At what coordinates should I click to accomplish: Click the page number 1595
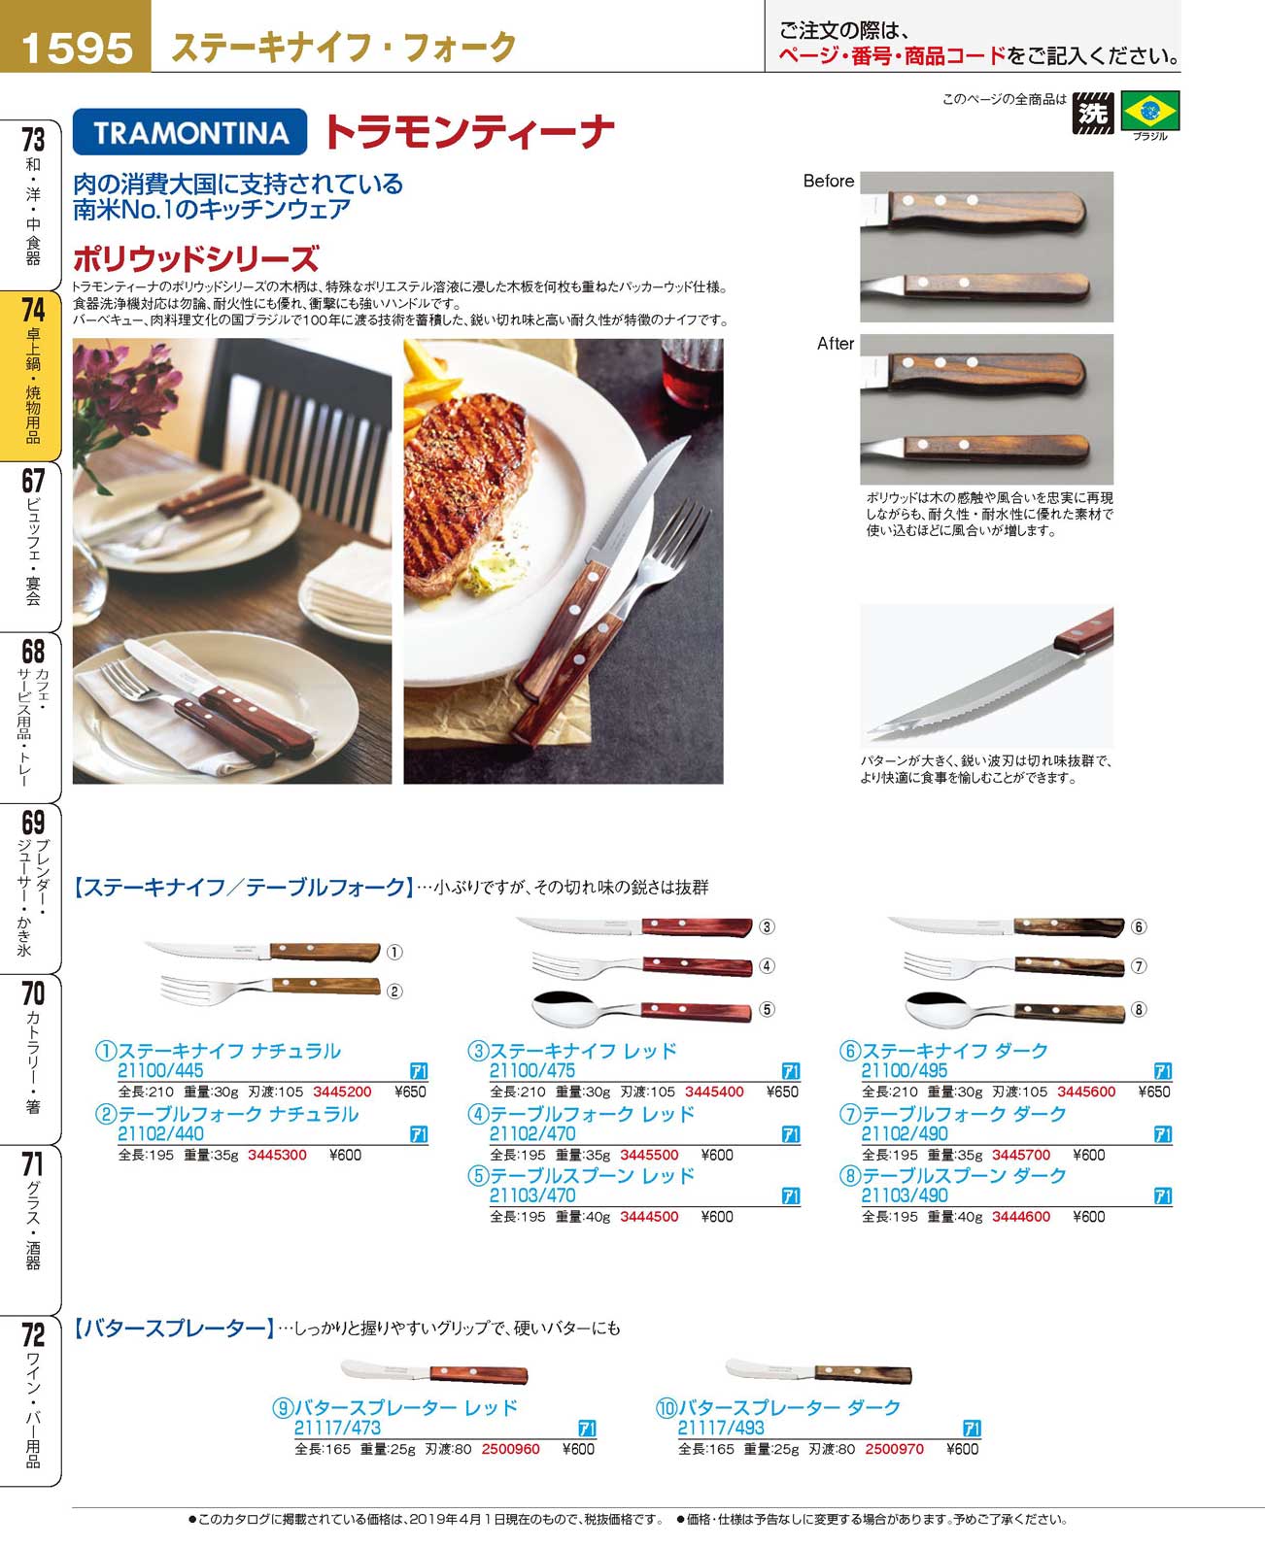pyautogui.click(x=77, y=48)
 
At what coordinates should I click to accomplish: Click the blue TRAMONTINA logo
pyautogui.click(x=189, y=132)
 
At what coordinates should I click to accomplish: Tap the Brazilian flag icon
pyautogui.click(x=1149, y=112)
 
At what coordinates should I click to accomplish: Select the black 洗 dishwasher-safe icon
pyautogui.click(x=1093, y=113)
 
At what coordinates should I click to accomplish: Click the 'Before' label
pyautogui.click(x=829, y=182)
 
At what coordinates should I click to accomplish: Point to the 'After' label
pyautogui.click(x=835, y=343)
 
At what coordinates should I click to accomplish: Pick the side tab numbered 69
pyautogui.click(x=31, y=888)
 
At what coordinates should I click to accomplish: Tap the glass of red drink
pyautogui.click(x=691, y=374)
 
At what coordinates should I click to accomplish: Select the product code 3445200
pyautogui.click(x=342, y=1092)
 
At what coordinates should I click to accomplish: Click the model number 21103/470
pyautogui.click(x=532, y=1195)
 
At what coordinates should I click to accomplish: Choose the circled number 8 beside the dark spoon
pyautogui.click(x=1138, y=1009)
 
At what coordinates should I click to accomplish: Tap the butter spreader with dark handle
pyautogui.click(x=818, y=1371)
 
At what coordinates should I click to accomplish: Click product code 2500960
pyautogui.click(x=510, y=1449)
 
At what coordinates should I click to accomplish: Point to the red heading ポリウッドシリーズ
pyautogui.click(x=196, y=258)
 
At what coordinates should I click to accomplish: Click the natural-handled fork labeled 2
pyautogui.click(x=270, y=989)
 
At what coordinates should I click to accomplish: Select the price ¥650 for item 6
pyautogui.click(x=1153, y=1092)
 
